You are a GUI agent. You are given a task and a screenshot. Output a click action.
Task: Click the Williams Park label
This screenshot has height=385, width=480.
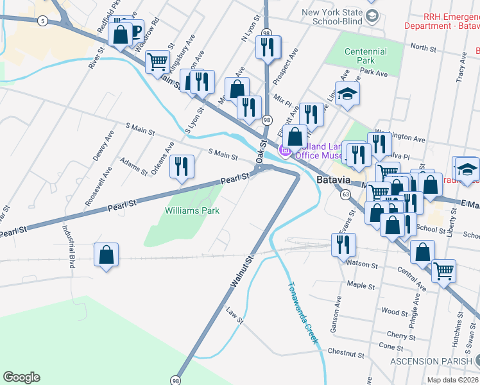coord(192,210)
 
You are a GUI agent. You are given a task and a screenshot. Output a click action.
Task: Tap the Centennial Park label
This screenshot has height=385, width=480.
coord(365,56)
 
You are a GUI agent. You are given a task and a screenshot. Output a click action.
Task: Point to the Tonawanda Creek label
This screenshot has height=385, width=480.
coord(303,314)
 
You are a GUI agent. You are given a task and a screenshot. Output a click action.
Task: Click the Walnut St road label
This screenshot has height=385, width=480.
coord(241,272)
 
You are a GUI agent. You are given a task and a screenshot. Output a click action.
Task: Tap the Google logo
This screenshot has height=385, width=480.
coord(21,377)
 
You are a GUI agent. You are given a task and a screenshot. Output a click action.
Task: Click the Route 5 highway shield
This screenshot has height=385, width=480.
coord(42,21)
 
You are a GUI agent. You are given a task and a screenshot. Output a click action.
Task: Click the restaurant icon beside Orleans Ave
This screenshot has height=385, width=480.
coord(182,167)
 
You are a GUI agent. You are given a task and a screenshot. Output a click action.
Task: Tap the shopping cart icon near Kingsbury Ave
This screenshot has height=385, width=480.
coord(157,62)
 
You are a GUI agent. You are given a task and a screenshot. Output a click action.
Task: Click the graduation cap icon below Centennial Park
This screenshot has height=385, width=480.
coord(347,93)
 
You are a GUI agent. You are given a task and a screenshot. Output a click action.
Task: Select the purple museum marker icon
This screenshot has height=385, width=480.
coord(284,151)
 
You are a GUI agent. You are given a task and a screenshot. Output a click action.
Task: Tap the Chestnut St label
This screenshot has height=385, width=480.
coord(346,353)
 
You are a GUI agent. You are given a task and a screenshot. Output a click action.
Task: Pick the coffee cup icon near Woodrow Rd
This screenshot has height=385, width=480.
coord(136,31)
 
